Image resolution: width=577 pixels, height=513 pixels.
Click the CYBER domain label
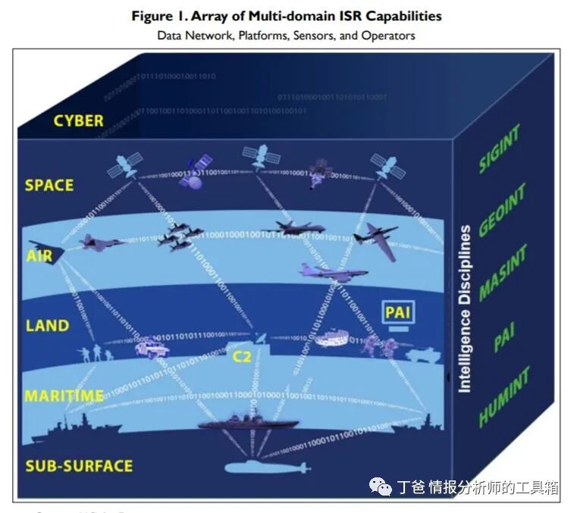78,120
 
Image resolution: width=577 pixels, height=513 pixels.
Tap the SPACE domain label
49,185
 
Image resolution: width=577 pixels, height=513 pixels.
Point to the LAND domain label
47,326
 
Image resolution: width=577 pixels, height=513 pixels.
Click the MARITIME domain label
64,396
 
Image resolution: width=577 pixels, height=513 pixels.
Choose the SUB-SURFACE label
79,465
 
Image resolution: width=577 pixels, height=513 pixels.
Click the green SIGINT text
500,149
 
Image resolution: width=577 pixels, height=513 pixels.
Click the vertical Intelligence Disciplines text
465,308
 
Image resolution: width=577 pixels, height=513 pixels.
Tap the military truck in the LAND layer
152,348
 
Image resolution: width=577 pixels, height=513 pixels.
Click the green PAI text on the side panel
504,338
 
